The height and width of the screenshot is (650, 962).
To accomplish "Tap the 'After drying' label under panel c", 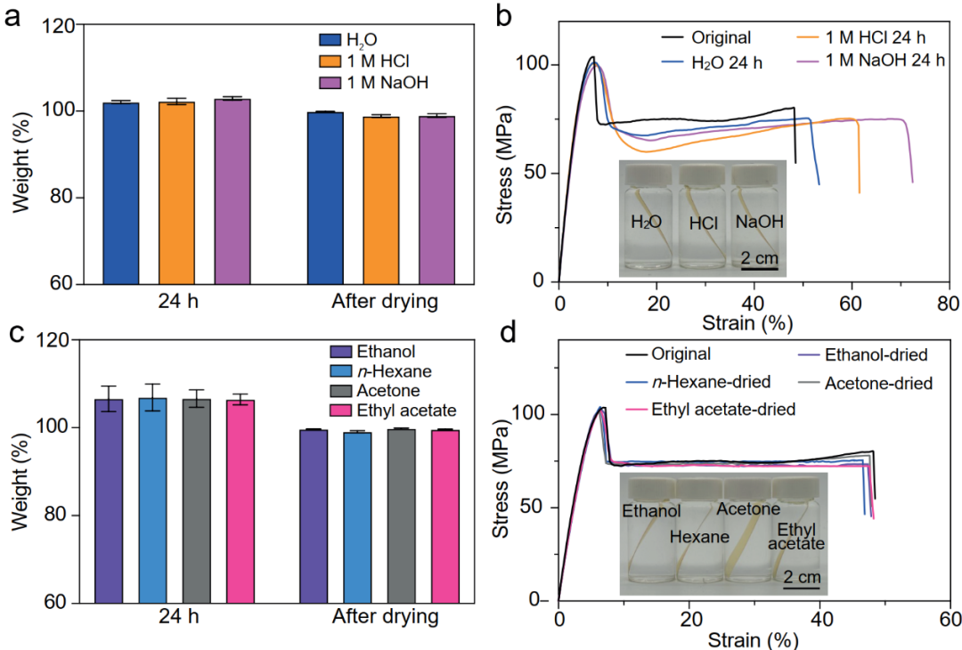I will pyautogui.click(x=385, y=617).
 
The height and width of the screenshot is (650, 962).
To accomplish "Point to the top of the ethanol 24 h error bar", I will pyautogui.click(x=109, y=386).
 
